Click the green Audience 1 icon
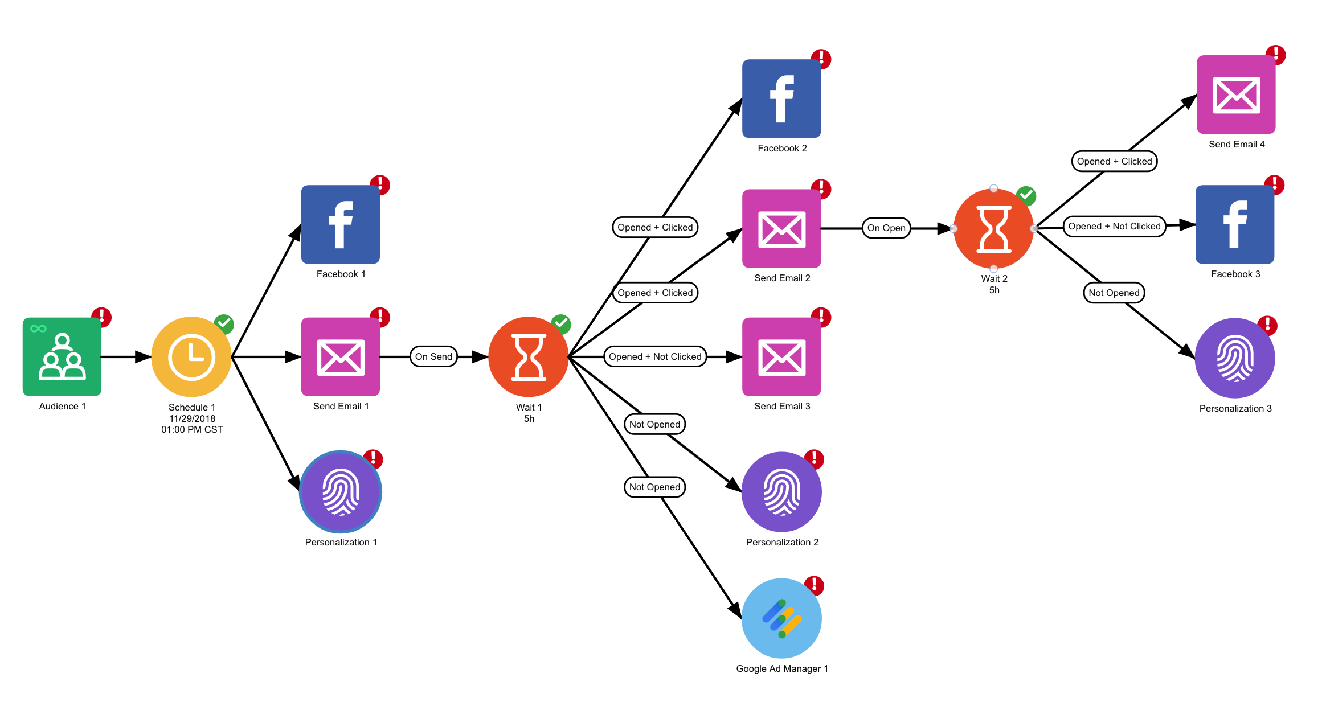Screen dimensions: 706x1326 click(62, 357)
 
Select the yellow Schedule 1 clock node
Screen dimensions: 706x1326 click(191, 357)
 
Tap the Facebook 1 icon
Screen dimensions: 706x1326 click(341, 224)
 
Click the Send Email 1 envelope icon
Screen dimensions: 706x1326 click(341, 357)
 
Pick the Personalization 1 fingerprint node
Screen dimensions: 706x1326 click(341, 492)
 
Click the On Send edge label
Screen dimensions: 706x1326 click(433, 357)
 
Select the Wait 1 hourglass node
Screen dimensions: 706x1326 click(529, 357)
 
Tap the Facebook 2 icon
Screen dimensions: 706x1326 click(781, 98)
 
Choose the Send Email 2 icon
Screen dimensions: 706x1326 click(781, 229)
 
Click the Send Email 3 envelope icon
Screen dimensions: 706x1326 click(781, 357)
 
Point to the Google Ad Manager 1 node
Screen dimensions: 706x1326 click(781, 618)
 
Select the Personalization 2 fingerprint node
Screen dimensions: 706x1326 click(781, 492)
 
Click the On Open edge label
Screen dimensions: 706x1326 click(886, 228)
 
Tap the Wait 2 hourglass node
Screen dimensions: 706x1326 click(994, 229)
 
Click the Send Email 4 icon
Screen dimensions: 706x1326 click(1236, 95)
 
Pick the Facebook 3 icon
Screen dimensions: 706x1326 click(1235, 224)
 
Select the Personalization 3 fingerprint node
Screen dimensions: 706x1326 click(1235, 358)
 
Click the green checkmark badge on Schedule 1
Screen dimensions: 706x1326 click(224, 324)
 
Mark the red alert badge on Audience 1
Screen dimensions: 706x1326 click(101, 317)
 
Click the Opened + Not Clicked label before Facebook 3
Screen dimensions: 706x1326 click(1114, 227)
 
